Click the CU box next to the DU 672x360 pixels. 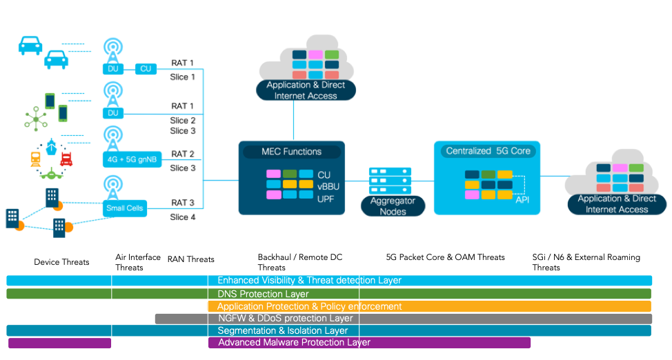(146, 68)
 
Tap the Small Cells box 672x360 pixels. (125, 208)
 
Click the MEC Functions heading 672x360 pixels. (291, 152)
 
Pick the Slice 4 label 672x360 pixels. (183, 217)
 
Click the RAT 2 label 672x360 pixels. (183, 154)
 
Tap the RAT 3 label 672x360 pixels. (183, 203)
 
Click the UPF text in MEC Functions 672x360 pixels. (326, 198)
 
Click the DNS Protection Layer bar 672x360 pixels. (328, 294)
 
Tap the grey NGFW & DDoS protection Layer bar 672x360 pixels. (403, 319)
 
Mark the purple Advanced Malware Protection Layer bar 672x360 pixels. (269, 343)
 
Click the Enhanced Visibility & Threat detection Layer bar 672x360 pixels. (328, 281)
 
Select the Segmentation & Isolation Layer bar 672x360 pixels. (328, 331)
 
